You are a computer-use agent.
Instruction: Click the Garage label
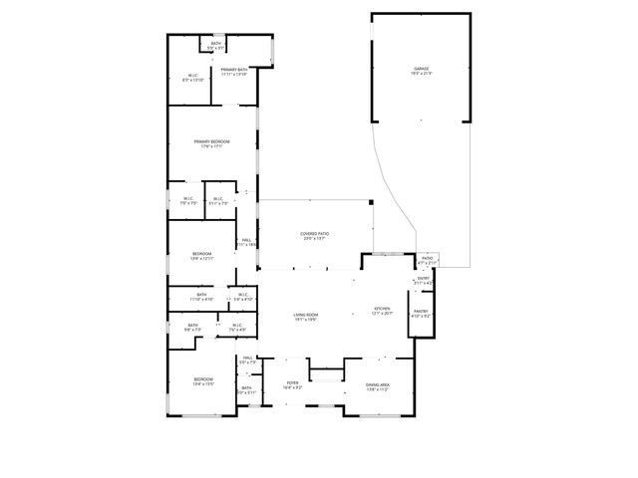pyautogui.click(x=422, y=69)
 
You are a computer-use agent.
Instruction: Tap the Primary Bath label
pyautogui.click(x=234, y=69)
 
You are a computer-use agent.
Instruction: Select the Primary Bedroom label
pyautogui.click(x=211, y=142)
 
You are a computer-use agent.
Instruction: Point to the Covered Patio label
pyautogui.click(x=315, y=234)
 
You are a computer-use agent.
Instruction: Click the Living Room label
pyautogui.click(x=305, y=316)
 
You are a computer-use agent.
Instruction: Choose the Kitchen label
pyautogui.click(x=383, y=309)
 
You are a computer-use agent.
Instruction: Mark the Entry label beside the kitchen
pyautogui.click(x=423, y=279)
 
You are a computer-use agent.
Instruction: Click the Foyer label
pyautogui.click(x=293, y=382)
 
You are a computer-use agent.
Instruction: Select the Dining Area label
pyautogui.click(x=378, y=384)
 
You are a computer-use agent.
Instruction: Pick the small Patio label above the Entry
pyautogui.click(x=427, y=258)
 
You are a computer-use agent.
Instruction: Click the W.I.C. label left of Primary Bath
pyautogui.click(x=193, y=76)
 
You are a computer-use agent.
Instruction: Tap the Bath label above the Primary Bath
pyautogui.click(x=215, y=43)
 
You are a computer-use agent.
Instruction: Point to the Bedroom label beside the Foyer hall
pyautogui.click(x=203, y=379)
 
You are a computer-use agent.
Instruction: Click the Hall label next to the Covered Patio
pyautogui.click(x=245, y=240)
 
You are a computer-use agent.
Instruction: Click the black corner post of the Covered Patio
pyautogui.click(x=371, y=204)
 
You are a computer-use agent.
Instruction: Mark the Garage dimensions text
pyautogui.click(x=422, y=74)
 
